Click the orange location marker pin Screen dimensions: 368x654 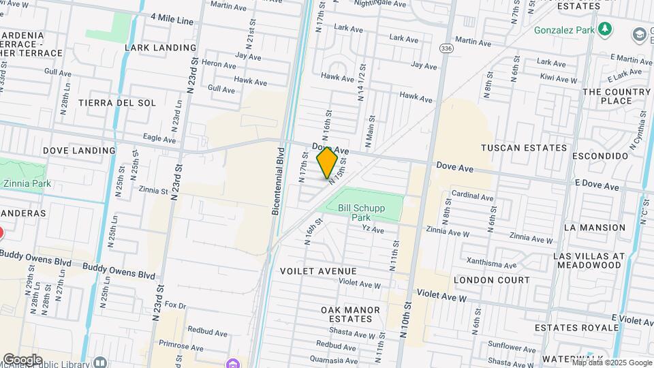tap(327, 163)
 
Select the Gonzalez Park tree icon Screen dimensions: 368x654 tap(604, 29)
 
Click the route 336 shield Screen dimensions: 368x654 tap(446, 48)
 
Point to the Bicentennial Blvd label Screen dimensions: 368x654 tap(277, 181)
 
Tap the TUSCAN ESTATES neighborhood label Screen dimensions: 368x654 tap(523, 147)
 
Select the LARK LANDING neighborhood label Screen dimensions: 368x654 tap(161, 48)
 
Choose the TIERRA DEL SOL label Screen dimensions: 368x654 tap(117, 103)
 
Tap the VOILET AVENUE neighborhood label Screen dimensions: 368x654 tap(319, 271)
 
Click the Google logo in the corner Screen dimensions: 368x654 tap(22, 359)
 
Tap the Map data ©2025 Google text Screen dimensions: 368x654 tap(611, 363)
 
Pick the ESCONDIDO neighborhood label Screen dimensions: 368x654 tap(601, 155)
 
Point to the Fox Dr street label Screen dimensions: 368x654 tap(175, 305)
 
